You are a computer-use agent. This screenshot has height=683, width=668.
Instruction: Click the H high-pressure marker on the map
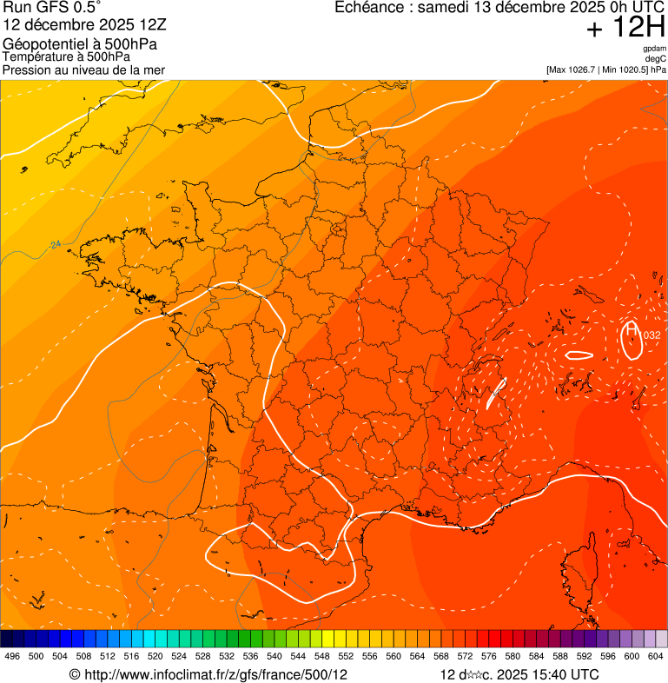pyautogui.click(x=632, y=330)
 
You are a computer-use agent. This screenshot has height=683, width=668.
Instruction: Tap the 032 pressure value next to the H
pyautogui.click(x=651, y=335)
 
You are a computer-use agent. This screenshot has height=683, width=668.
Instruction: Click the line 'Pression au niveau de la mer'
pyautogui.click(x=83, y=70)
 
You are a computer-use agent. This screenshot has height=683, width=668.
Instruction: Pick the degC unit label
pyautogui.click(x=656, y=58)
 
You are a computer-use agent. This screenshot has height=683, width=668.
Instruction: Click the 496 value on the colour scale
pyautogui.click(x=12, y=656)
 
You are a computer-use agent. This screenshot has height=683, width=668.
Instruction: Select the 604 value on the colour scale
pyautogui.click(x=655, y=656)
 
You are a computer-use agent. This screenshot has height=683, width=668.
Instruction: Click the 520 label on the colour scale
pyautogui.click(x=155, y=656)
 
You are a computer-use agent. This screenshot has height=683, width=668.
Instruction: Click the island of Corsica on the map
pyautogui.click(x=577, y=574)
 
